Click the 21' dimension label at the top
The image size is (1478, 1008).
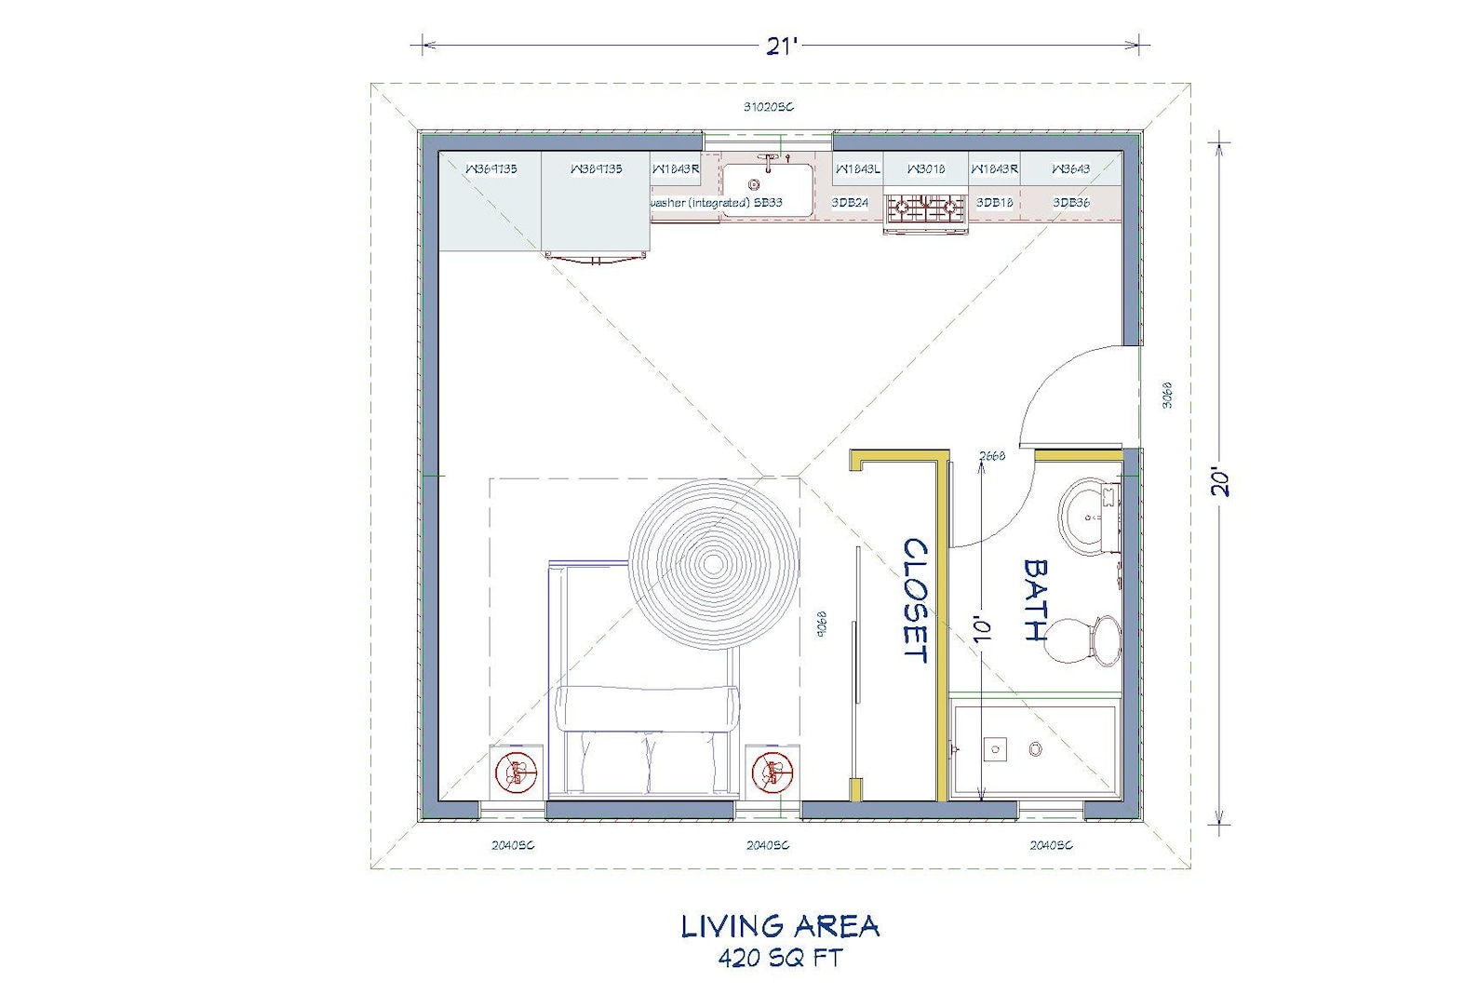[x=782, y=46]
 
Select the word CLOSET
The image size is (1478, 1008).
[x=916, y=600]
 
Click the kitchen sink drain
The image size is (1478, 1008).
[x=754, y=185]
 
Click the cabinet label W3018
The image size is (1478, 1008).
[x=925, y=169]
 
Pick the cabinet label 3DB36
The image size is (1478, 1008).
[x=1071, y=202]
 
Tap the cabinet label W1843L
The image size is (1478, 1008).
[x=857, y=169]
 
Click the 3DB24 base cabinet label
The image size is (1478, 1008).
[x=850, y=202]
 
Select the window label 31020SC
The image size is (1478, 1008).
[x=768, y=107]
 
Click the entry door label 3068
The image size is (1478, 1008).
[x=1168, y=395]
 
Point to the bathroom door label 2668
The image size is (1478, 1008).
[x=992, y=456]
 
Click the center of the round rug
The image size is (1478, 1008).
[x=713, y=562]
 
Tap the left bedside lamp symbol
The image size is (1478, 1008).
[x=517, y=773]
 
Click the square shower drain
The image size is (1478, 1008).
[x=995, y=748]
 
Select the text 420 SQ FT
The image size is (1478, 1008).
[x=780, y=958]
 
